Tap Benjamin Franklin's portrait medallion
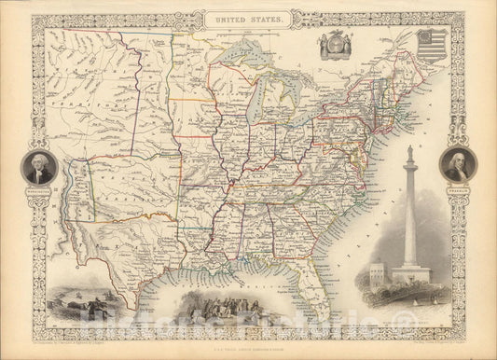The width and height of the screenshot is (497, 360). [x=458, y=164]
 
